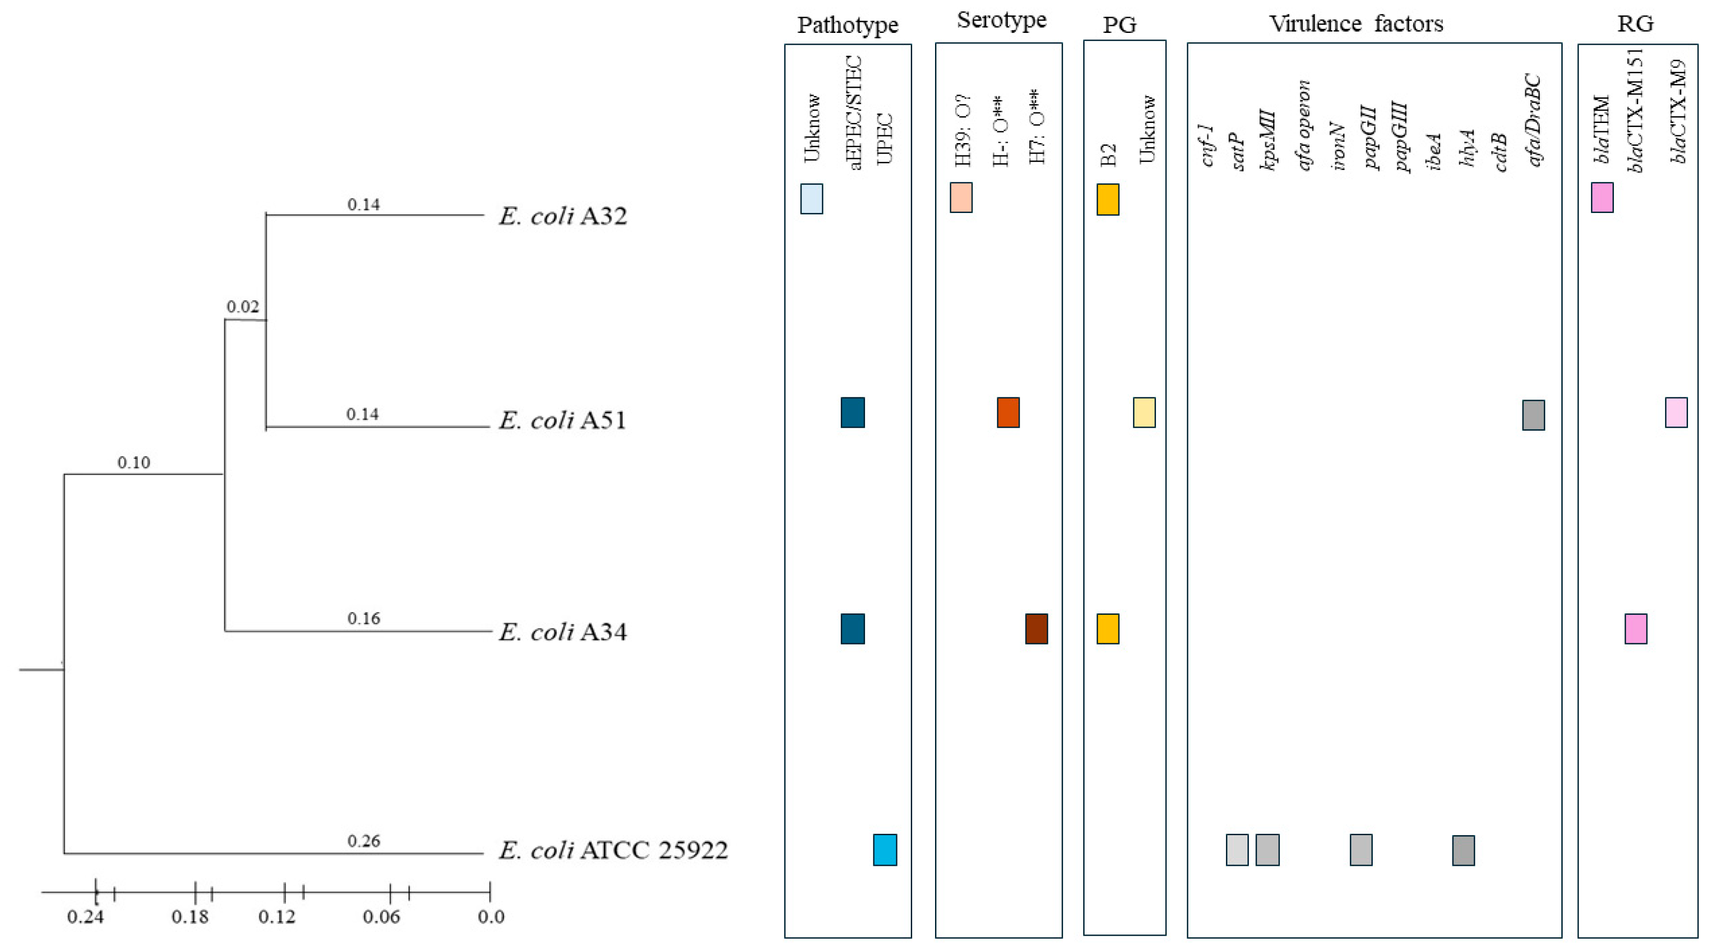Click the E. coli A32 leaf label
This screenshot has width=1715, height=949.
563,216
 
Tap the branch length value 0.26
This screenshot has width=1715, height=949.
364,841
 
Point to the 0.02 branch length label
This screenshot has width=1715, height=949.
242,307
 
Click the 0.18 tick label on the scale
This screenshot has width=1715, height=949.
190,917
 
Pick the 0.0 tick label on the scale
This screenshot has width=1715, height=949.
491,917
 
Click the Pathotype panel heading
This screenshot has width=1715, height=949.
848,25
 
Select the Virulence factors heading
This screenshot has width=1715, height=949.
1356,24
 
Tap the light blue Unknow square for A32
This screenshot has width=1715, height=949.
811,199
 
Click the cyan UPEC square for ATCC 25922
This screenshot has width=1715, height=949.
885,850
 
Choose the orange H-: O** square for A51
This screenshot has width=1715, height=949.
1008,413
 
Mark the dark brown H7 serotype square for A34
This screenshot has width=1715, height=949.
1037,629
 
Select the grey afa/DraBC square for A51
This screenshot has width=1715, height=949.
1533,415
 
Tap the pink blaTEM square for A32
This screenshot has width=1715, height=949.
1602,197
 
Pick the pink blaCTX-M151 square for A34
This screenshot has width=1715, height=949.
1636,629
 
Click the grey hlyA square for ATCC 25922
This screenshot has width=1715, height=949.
1463,851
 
